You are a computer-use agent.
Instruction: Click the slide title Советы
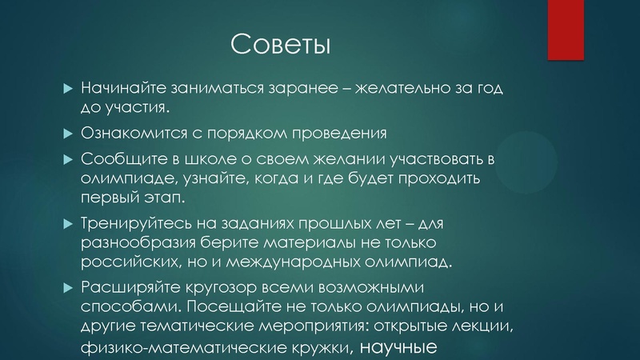click(279, 43)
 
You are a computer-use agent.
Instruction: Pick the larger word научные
click(396, 347)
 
